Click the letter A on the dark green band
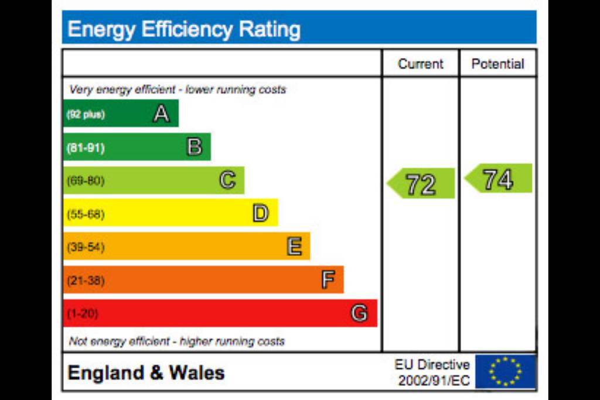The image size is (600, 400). [x=161, y=114]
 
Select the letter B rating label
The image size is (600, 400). [x=195, y=147]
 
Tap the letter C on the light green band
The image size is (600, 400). [x=227, y=180]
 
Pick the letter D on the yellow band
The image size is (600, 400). [x=261, y=214]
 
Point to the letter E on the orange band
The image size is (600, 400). [x=294, y=247]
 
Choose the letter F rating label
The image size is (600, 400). [x=328, y=281]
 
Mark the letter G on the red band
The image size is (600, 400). [x=359, y=314]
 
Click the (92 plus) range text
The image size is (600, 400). [x=86, y=114]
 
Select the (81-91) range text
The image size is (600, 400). [x=86, y=148]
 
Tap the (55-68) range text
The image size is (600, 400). [x=86, y=214]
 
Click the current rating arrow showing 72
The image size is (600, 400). [x=421, y=184]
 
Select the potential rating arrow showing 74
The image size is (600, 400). [x=499, y=179]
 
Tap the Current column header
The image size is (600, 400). [x=421, y=64]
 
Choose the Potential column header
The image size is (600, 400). [x=498, y=64]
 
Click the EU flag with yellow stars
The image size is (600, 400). [x=505, y=371]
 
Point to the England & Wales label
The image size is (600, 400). [x=146, y=372]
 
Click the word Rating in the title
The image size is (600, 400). [x=270, y=29]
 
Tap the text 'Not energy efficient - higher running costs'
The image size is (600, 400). [x=177, y=341]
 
